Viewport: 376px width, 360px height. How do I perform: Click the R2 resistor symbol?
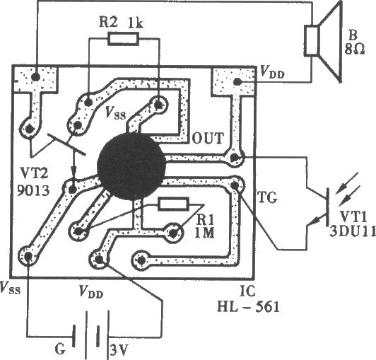coord(123,39)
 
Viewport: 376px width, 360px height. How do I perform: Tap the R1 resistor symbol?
coord(173,204)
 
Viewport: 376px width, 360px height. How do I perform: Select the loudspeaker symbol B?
coord(323,41)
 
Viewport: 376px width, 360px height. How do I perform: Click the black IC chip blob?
coord(131,166)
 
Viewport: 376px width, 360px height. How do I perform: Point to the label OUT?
coord(208,138)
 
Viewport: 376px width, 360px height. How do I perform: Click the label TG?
coord(267,197)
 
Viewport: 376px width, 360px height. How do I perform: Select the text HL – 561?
coord(249,306)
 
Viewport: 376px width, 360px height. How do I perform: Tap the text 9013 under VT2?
coord(33,190)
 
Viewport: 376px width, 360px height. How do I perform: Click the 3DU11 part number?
coord(353,231)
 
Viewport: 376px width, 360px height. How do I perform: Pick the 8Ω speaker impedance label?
coord(355,50)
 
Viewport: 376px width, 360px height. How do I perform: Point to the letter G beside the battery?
coord(60,349)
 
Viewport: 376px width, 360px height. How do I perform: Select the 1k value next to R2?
coord(136,23)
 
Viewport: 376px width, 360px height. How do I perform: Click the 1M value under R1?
coord(204,233)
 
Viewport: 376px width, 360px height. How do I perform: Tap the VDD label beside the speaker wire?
coord(272,72)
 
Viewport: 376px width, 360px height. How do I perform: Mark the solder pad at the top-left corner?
coord(36,77)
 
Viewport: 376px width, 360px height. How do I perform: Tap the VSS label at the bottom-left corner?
coord(10,287)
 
